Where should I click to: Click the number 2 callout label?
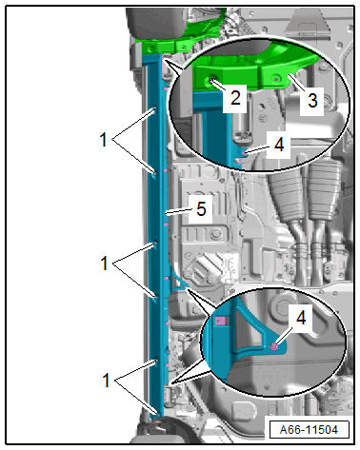pyautogui.click(x=235, y=97)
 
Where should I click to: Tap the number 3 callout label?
pyautogui.click(x=312, y=100)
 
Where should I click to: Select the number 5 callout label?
pyautogui.click(x=201, y=209)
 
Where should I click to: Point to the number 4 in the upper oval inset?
pyautogui.click(x=279, y=145)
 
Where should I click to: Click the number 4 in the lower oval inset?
pyautogui.click(x=301, y=318)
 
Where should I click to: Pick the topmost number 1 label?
pyautogui.click(x=103, y=140)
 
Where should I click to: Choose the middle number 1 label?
pyautogui.click(x=104, y=264)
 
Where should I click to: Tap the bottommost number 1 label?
pyautogui.click(x=106, y=380)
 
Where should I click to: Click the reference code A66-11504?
pyautogui.click(x=309, y=430)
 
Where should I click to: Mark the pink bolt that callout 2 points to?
pyautogui.click(x=210, y=81)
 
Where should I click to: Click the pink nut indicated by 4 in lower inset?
pyautogui.click(x=273, y=346)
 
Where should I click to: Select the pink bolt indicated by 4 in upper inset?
pyautogui.click(x=244, y=153)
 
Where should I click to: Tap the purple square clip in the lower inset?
pyautogui.click(x=219, y=321)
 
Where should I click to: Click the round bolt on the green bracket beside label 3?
pyautogui.click(x=276, y=78)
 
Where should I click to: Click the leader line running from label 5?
pyautogui.click(x=178, y=211)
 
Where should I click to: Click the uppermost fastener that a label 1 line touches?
pyautogui.click(x=155, y=108)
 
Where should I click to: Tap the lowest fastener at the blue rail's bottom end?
pyautogui.click(x=157, y=413)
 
